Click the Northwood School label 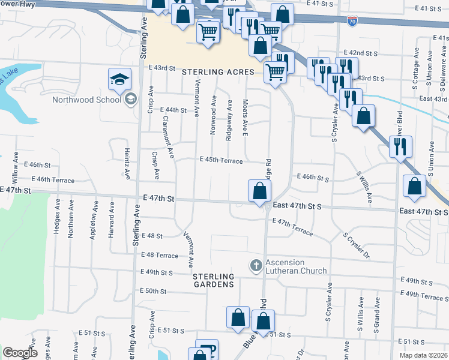(86, 100)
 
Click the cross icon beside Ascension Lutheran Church (256, 265)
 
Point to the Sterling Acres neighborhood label (218, 72)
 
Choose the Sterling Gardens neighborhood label (213, 280)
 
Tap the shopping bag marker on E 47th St (259, 191)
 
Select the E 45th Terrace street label (221, 161)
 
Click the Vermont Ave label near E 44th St (197, 99)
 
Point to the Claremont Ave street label (167, 137)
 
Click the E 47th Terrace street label (292, 226)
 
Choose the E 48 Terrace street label (159, 255)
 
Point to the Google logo (20, 353)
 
